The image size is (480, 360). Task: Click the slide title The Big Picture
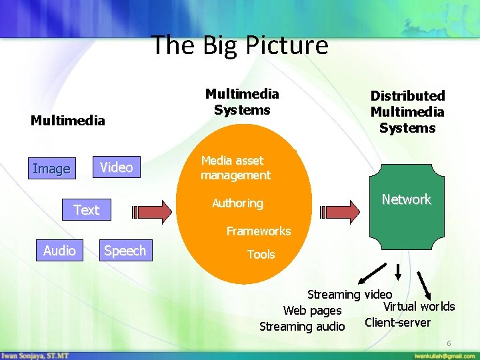(240, 45)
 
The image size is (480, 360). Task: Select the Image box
(51, 169)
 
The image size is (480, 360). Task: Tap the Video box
(116, 167)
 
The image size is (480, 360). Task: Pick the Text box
(86, 210)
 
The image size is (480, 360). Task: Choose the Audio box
(59, 251)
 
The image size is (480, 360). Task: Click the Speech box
(125, 251)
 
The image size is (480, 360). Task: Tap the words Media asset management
(236, 168)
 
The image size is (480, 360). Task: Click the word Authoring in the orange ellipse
(237, 203)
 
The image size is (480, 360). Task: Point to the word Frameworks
(259, 231)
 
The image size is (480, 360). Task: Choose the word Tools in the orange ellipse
(261, 255)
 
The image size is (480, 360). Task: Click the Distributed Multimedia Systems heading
(407, 112)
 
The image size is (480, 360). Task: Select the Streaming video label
(349, 294)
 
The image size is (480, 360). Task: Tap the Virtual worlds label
(419, 307)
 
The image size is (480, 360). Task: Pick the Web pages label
(312, 311)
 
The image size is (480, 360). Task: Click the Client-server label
(397, 323)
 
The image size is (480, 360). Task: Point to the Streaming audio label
(302, 327)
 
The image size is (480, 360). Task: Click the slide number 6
(449, 343)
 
